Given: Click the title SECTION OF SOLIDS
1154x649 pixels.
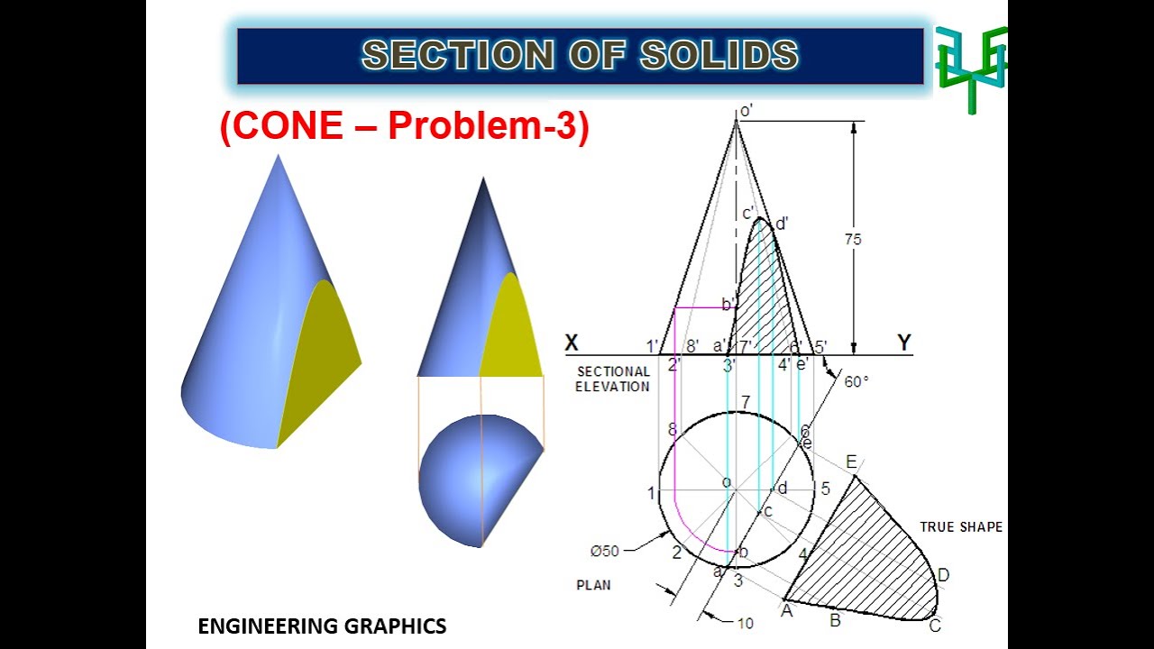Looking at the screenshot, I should (x=580, y=56).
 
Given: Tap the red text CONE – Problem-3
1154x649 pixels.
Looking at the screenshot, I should (x=404, y=127).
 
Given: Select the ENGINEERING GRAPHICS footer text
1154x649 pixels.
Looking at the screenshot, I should (x=322, y=626).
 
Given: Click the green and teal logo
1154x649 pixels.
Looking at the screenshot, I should (x=971, y=67).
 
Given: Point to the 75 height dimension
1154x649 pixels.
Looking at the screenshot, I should (x=852, y=240).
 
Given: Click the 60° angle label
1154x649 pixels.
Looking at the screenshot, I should (x=856, y=381).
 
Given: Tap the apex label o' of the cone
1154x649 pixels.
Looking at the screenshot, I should (x=746, y=112).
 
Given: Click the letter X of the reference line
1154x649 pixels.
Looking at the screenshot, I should (x=572, y=343).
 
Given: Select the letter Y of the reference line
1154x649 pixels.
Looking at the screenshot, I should (x=904, y=343).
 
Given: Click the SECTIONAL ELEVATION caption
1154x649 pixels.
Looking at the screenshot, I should (x=613, y=379).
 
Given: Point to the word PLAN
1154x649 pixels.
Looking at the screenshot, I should (x=593, y=585).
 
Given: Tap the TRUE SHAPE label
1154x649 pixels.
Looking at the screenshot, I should (x=960, y=527).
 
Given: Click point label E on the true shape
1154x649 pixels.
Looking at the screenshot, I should (x=851, y=462).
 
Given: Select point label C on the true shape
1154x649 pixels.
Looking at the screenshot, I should (x=935, y=626).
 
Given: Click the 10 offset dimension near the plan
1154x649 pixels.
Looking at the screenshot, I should (x=745, y=623).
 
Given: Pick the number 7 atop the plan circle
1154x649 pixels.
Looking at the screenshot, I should (x=745, y=402).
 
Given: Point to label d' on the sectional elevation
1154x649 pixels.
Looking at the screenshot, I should (x=782, y=224).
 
